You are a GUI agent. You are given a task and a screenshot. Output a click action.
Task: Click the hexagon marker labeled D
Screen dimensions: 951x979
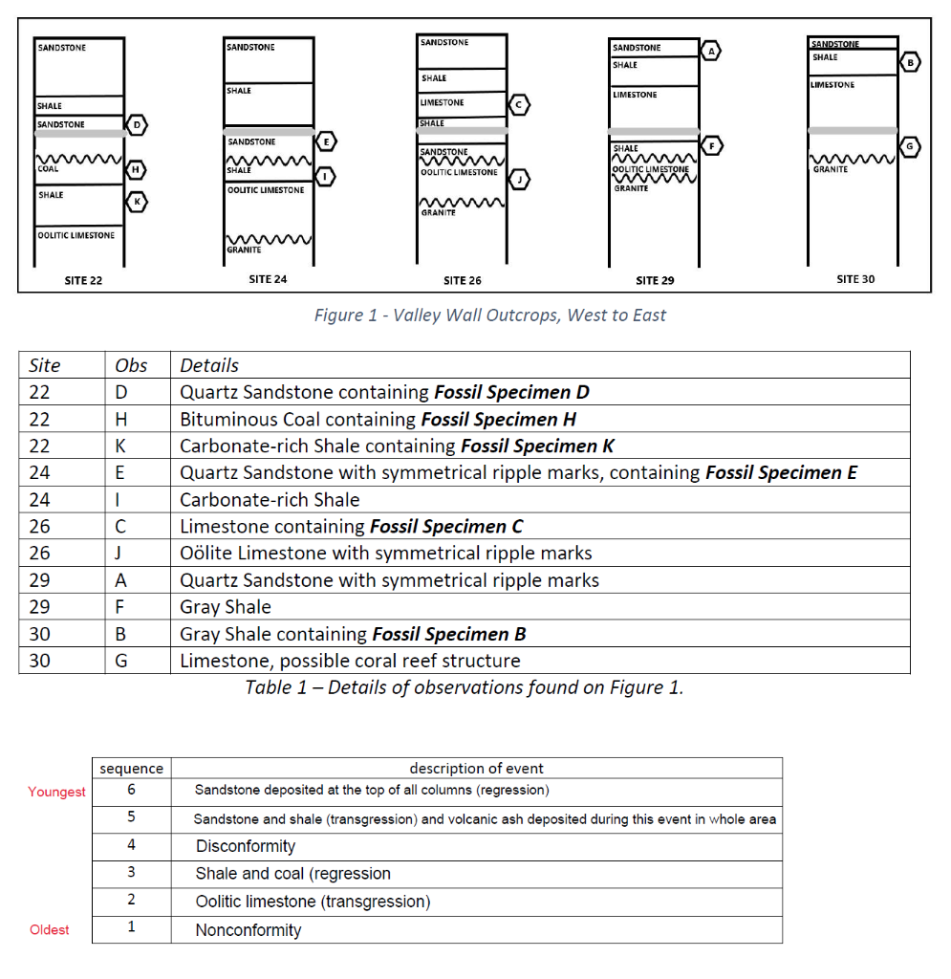137,125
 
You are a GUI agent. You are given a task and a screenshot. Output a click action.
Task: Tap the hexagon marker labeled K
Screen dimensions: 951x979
137,202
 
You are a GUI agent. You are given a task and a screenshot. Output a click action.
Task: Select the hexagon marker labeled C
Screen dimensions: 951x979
519,105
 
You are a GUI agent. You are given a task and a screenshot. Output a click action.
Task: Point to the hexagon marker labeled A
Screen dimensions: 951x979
711,51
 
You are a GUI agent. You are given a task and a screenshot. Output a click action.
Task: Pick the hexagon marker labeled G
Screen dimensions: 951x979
909,146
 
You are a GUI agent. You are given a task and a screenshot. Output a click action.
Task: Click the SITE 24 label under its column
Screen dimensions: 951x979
268,279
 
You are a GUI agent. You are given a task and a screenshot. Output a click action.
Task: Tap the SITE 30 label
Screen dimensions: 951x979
855,279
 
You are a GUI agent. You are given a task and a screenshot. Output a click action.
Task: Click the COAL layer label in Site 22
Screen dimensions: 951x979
48,168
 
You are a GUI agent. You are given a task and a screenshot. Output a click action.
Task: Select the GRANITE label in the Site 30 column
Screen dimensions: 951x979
830,169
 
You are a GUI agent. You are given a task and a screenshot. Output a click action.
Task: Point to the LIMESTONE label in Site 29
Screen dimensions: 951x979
635,95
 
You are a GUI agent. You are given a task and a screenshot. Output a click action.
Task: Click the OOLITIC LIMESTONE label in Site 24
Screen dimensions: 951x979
266,190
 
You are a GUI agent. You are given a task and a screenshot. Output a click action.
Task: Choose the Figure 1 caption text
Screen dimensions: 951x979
490,315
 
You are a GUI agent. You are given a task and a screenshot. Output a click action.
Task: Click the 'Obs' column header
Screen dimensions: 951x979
131,365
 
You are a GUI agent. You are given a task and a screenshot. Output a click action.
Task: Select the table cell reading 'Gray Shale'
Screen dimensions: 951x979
226,607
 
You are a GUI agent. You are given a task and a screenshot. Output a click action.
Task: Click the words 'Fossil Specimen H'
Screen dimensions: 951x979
499,419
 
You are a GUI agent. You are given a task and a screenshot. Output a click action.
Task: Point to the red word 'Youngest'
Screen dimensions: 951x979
56,792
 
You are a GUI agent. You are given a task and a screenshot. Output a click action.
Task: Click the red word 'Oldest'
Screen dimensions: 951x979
50,929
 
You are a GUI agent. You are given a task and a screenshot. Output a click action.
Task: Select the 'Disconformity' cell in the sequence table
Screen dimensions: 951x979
246,846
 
